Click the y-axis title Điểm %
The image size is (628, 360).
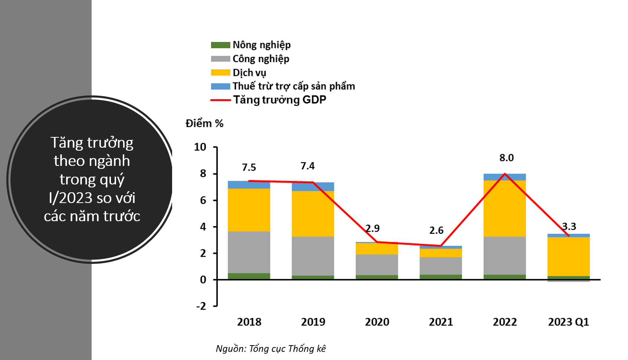click(x=204, y=124)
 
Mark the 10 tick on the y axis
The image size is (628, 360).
click(x=200, y=147)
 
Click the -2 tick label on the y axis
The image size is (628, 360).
click(x=201, y=306)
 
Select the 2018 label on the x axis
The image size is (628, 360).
click(x=249, y=322)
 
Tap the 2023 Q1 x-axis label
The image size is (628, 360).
click(x=568, y=322)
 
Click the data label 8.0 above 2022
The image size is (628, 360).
click(x=506, y=158)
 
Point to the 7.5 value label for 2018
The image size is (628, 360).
click(x=249, y=167)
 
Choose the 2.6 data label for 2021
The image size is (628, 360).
click(x=436, y=230)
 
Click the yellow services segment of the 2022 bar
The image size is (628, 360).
click(x=504, y=208)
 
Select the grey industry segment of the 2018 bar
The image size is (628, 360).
click(x=249, y=252)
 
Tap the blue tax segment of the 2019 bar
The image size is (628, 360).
click(x=313, y=187)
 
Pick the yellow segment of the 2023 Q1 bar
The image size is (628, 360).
click(x=568, y=256)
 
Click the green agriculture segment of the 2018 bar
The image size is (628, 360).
click(x=249, y=276)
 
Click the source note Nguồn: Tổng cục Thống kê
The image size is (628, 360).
click(x=271, y=348)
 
